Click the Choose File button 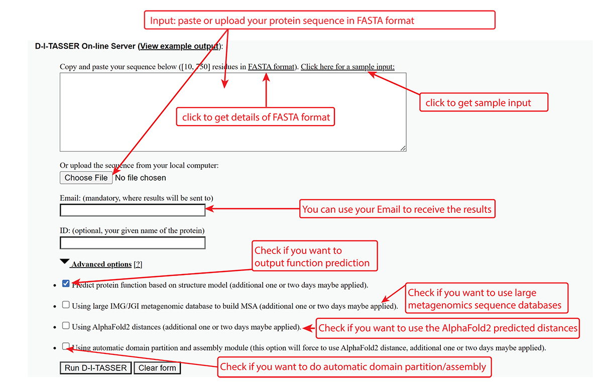click(x=86, y=178)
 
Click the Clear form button click(x=157, y=368)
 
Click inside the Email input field click(x=133, y=210)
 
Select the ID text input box click(x=133, y=242)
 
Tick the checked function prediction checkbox click(x=66, y=284)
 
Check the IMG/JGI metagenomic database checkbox click(x=66, y=305)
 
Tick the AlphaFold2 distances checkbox click(x=66, y=325)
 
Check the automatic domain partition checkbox click(x=66, y=346)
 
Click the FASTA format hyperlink click(x=271, y=67)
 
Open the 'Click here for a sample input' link click(x=347, y=67)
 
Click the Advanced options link click(x=101, y=264)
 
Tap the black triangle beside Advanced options click(x=65, y=262)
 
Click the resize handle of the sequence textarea click(x=403, y=149)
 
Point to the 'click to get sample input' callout click(x=484, y=102)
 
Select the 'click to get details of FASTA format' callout click(x=256, y=117)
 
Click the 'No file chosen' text click(x=140, y=178)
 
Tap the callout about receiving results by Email click(x=397, y=209)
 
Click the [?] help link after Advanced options click(x=138, y=264)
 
